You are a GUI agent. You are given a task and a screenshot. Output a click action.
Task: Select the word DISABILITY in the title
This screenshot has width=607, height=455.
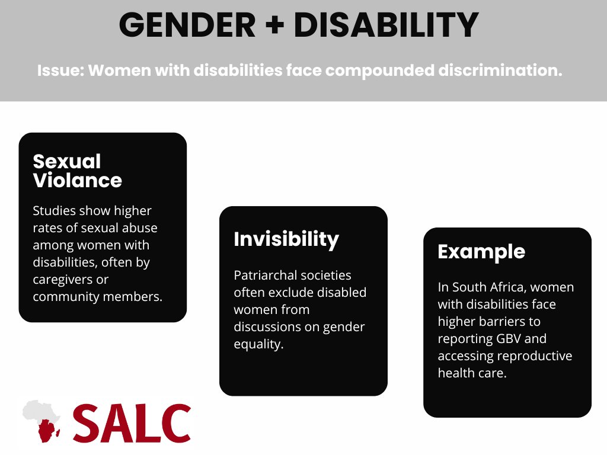tap(386, 25)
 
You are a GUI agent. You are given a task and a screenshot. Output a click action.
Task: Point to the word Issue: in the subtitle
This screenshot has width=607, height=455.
tap(60, 71)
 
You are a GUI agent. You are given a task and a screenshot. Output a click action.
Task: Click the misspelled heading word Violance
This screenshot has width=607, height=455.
tap(78, 180)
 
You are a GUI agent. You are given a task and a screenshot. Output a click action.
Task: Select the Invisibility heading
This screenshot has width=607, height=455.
tap(286, 239)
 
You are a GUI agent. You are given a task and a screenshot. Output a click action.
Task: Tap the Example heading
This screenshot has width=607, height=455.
tap(481, 251)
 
